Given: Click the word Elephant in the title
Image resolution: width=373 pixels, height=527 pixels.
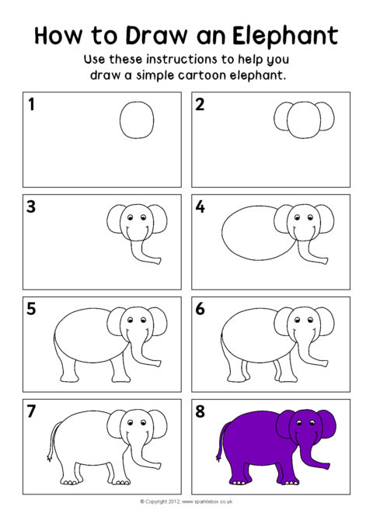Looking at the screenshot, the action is pyautogui.click(x=284, y=35).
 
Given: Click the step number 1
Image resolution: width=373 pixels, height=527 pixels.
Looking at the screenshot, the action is pyautogui.click(x=31, y=104).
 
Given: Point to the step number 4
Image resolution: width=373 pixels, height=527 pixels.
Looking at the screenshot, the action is pyautogui.click(x=200, y=206).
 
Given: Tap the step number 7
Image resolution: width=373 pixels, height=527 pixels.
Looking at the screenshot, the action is pyautogui.click(x=31, y=411).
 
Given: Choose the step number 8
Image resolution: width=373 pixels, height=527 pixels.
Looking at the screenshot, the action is pyautogui.click(x=200, y=411).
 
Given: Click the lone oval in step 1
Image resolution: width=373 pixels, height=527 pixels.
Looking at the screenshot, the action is pyautogui.click(x=137, y=120).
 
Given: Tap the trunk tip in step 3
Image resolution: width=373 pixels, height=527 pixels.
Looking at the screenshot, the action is pyautogui.click(x=159, y=261).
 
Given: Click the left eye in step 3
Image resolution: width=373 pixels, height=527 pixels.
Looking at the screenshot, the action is pyautogui.click(x=131, y=217).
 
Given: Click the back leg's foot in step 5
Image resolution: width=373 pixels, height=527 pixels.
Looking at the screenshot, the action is pyautogui.click(x=69, y=379).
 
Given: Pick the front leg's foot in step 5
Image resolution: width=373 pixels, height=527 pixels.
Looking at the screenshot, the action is pyautogui.click(x=121, y=379).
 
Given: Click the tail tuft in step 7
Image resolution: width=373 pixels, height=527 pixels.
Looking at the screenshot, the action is pyautogui.click(x=51, y=457).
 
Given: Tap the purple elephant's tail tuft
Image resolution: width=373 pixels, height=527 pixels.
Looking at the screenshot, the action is pyautogui.click(x=219, y=457).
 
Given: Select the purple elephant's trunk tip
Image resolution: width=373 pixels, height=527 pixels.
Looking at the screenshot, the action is pyautogui.click(x=327, y=466).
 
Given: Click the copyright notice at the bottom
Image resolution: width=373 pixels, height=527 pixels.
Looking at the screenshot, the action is pyautogui.click(x=186, y=501).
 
